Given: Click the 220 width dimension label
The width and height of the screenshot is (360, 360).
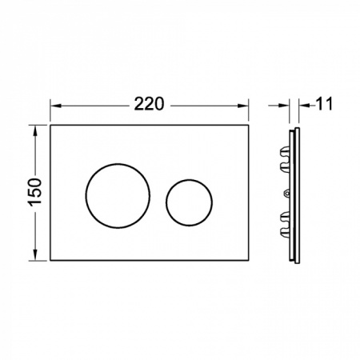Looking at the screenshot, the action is point(149,104).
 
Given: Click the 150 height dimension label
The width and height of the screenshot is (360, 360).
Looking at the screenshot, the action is point(35,192).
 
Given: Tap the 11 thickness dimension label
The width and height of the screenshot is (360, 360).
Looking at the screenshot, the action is point(325,104).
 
